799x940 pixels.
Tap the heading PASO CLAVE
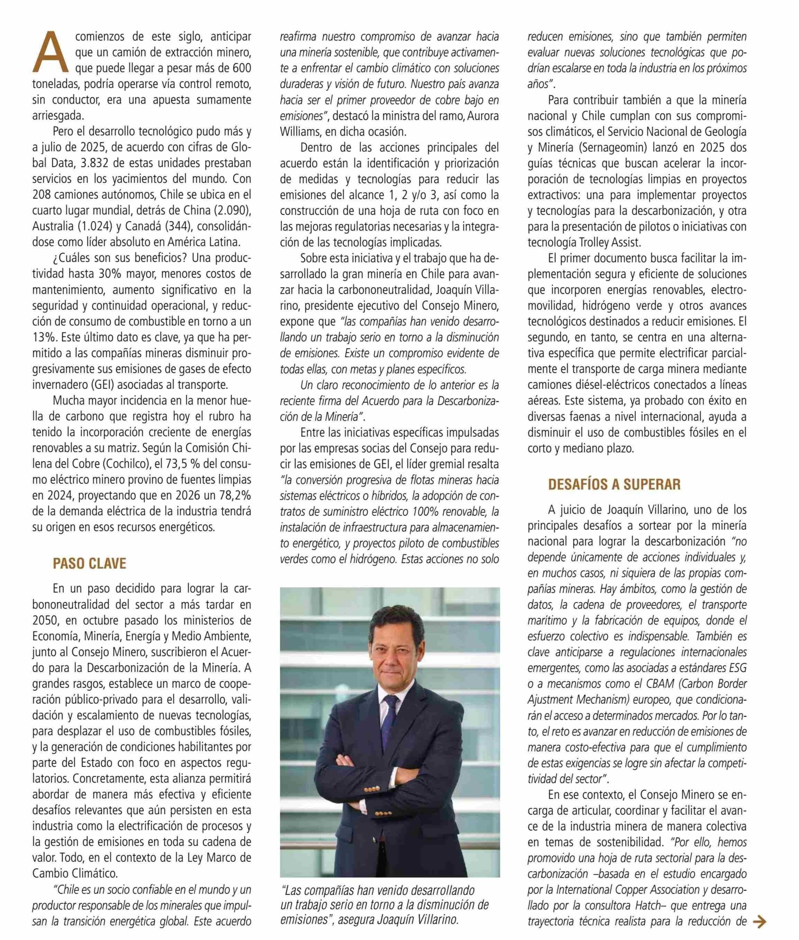pos(89,564)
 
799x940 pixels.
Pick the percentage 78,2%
pos(233,496)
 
